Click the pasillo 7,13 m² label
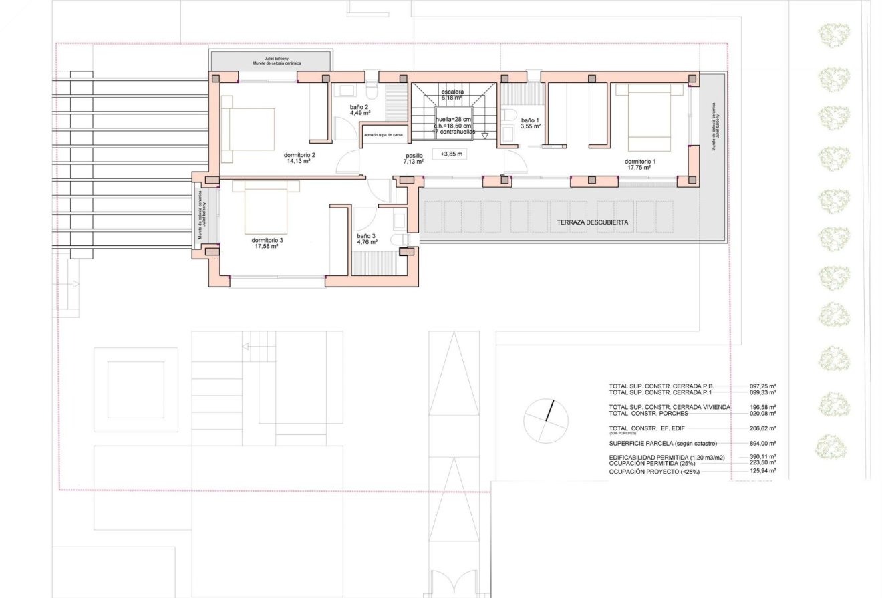tap(414, 158)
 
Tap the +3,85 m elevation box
tap(451, 154)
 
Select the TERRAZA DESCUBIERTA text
tap(592, 222)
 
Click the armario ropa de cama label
tap(383, 134)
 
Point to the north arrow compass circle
tap(546, 421)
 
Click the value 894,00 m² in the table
tap(762, 444)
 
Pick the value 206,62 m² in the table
tap(762, 428)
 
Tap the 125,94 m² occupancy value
tap(762, 471)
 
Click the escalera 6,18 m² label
tap(452, 94)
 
